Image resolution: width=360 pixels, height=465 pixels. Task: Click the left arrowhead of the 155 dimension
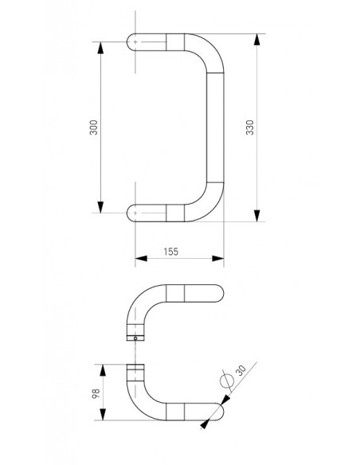[142, 258]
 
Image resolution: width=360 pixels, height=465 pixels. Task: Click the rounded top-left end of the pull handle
[133, 41]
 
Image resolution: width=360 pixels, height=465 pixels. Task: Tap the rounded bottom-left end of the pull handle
[133, 213]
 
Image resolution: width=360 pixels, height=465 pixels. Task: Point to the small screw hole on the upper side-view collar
[136, 338]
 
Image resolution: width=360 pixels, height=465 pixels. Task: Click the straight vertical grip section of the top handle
[214, 127]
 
